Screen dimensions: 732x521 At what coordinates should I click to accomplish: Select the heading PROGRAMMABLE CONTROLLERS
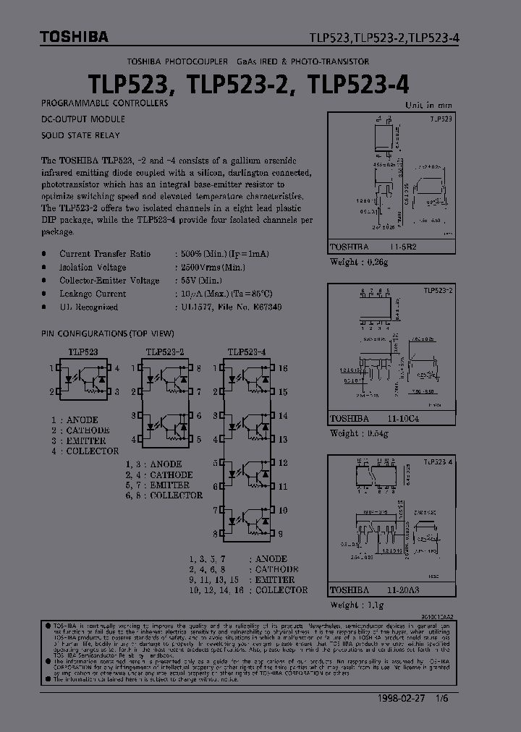[x=105, y=103]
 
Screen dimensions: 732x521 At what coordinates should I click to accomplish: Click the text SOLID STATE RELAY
[x=81, y=135]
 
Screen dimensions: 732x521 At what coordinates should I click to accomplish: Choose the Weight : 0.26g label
[x=359, y=262]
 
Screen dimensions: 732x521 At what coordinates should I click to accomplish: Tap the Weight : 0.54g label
[x=359, y=433]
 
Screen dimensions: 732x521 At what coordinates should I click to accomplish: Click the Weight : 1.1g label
[x=356, y=605]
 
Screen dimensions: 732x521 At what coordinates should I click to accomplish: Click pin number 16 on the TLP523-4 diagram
[x=283, y=369]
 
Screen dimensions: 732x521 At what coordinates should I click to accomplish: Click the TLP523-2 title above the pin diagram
[x=165, y=352]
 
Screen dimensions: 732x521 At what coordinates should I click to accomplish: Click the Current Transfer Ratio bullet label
[x=105, y=254]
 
